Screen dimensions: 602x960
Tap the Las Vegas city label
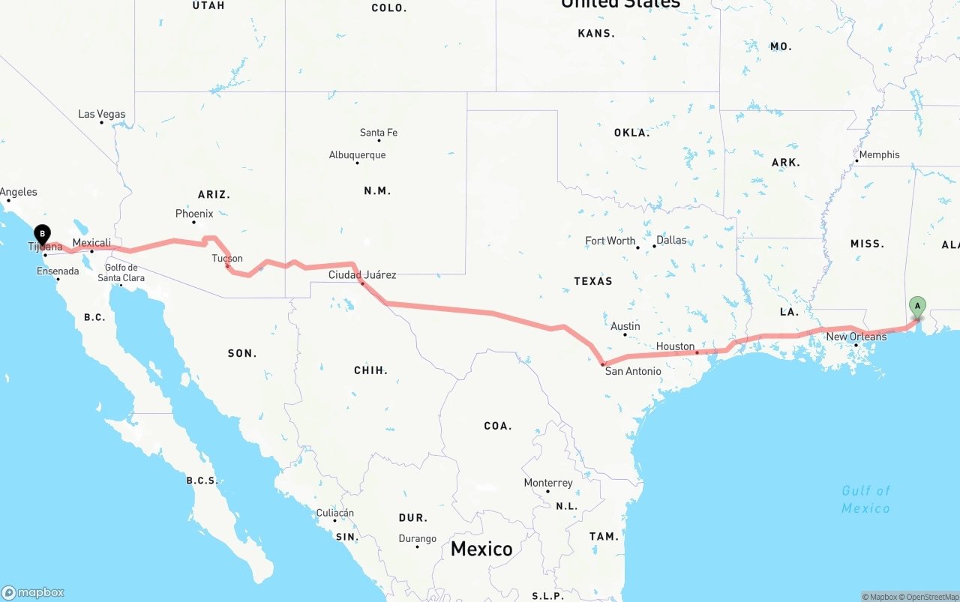click(x=102, y=115)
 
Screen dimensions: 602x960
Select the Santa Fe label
click(x=379, y=133)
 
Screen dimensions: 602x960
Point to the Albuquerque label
click(x=358, y=155)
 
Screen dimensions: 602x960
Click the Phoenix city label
click(x=194, y=214)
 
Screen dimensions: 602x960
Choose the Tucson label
click(x=227, y=259)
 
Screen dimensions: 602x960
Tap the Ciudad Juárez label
click(x=362, y=275)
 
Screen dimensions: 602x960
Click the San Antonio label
click(x=633, y=371)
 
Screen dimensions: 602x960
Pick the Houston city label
click(x=675, y=346)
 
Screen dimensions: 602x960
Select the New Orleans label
click(x=856, y=337)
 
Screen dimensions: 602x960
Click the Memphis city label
click(x=879, y=154)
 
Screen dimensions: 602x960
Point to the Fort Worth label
click(x=610, y=241)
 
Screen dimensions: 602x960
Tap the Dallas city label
click(x=671, y=241)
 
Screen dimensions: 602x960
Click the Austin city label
click(x=625, y=326)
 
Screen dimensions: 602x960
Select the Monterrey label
click(x=548, y=483)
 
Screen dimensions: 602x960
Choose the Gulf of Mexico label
click(x=865, y=499)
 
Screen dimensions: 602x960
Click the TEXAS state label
click(x=593, y=281)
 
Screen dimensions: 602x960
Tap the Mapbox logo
click(x=33, y=592)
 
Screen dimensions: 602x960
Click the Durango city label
click(x=418, y=538)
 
